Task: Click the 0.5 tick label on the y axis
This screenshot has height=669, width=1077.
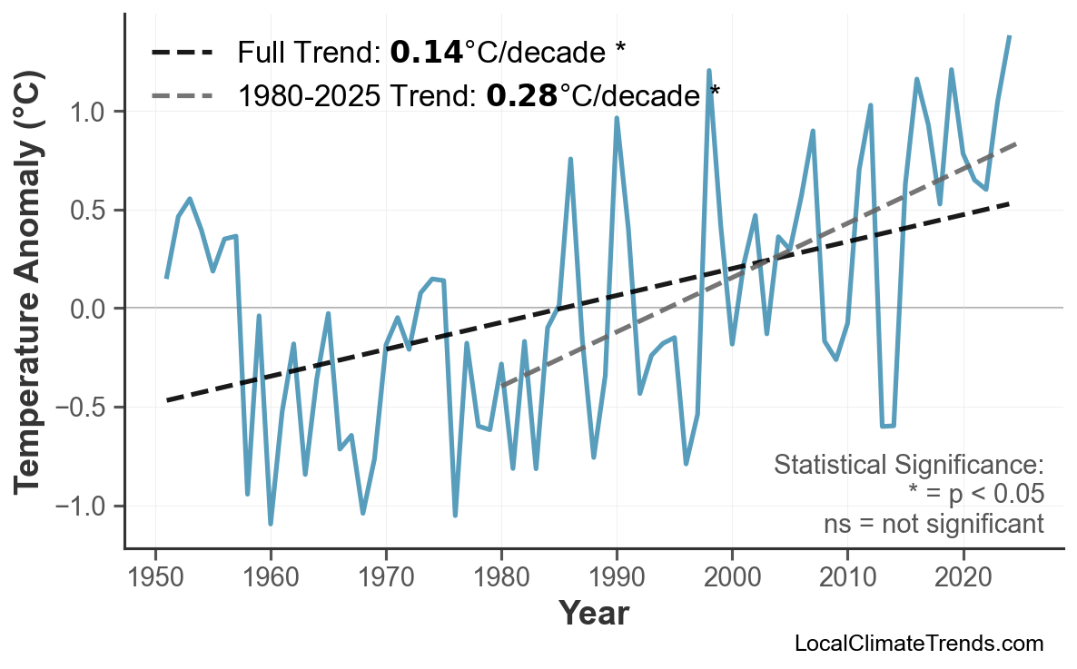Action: click(91, 211)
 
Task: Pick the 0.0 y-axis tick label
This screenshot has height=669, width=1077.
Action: click(91, 310)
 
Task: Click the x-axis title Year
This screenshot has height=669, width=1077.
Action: click(593, 614)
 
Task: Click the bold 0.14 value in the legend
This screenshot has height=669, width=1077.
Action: click(426, 53)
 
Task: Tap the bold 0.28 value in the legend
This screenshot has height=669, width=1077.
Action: click(521, 94)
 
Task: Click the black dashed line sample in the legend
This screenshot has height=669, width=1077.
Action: click(182, 53)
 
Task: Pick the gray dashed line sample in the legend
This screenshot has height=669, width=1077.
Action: click(182, 94)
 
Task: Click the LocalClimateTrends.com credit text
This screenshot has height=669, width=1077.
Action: click(918, 644)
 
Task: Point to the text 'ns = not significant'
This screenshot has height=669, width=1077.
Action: click(934, 524)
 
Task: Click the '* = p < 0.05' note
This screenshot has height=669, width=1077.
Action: click(974, 495)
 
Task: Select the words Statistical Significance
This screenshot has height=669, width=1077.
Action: click(908, 466)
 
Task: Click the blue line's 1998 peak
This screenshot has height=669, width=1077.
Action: click(708, 70)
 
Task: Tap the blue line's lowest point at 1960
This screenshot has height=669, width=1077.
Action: click(271, 524)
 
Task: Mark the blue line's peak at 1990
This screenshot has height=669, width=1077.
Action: click(617, 118)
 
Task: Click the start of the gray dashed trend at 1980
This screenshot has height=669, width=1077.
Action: click(501, 385)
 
